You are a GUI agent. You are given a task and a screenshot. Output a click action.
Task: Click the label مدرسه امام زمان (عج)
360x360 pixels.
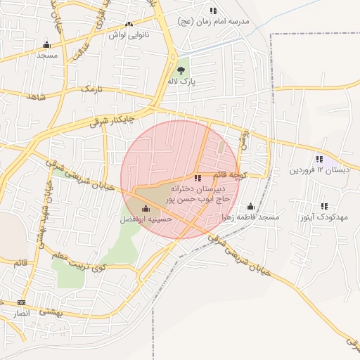pyautogui.click(x=224, y=22)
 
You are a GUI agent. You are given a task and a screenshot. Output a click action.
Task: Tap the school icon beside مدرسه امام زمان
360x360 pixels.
pyautogui.click(x=213, y=11)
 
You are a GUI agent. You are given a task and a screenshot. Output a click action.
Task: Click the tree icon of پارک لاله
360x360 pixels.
pyautogui.click(x=182, y=70)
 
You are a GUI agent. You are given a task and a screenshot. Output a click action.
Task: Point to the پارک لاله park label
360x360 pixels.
pyautogui.click(x=182, y=82)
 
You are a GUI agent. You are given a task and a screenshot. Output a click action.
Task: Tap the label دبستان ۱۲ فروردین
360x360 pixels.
pyautogui.click(x=319, y=170)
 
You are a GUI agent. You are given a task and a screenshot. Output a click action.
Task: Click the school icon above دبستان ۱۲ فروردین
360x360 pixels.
pyautogui.click(x=320, y=159)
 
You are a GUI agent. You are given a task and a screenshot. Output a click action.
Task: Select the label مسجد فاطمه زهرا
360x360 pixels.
pyautogui.click(x=250, y=218)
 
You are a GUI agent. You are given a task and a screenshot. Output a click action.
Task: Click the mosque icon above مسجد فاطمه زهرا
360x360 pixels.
pyautogui.click(x=250, y=207)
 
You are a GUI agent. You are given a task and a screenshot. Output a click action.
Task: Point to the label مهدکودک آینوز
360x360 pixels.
pyautogui.click(x=323, y=218)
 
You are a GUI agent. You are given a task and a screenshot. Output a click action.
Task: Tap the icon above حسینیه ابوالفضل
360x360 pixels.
pyautogui.click(x=146, y=208)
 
